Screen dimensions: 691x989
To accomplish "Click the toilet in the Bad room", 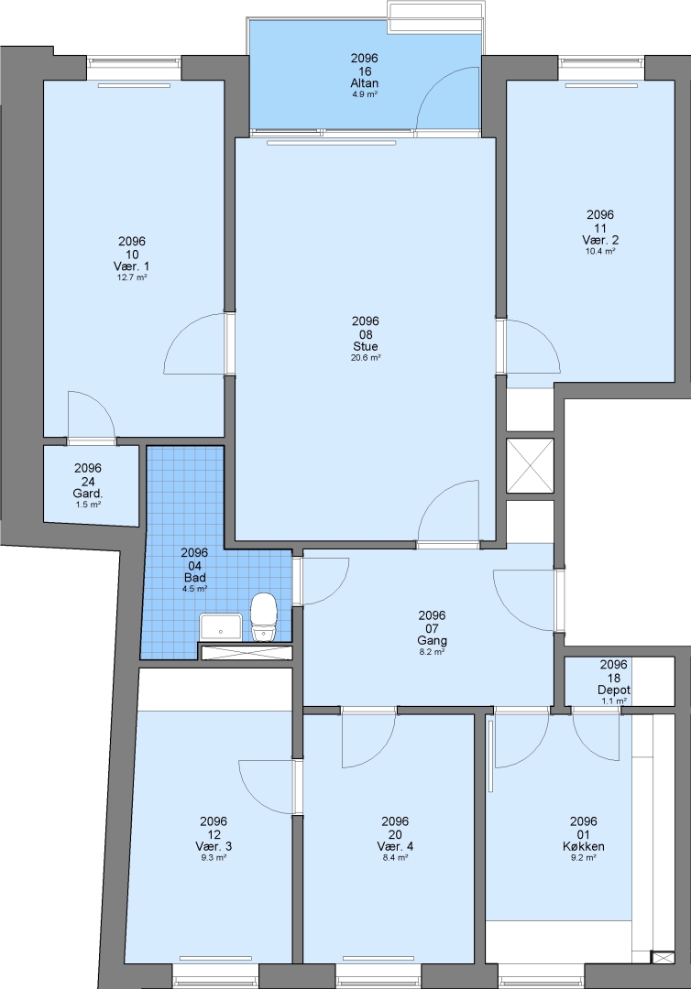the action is (264, 617).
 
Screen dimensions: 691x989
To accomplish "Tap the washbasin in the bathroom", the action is (221, 627).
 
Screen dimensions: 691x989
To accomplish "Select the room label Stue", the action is (366, 347).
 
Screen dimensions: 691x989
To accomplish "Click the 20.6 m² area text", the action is (366, 358).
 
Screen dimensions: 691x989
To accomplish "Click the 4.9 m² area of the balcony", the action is (365, 94).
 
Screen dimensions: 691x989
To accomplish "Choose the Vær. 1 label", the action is (132, 266).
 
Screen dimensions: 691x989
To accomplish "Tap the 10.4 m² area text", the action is (601, 251).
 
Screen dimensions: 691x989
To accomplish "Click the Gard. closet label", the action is (88, 494).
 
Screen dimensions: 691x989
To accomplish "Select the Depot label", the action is (614, 690).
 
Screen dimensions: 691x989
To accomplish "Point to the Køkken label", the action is (584, 847).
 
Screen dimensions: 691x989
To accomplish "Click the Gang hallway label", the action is (433, 641).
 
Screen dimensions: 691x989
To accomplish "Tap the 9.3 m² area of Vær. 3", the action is (214, 858).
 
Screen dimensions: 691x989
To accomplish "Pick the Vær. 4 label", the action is (396, 847).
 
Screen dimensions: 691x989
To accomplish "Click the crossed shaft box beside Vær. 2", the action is (530, 465).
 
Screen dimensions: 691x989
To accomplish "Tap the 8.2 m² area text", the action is (433, 652).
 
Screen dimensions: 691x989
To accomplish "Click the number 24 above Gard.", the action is (88, 482).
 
